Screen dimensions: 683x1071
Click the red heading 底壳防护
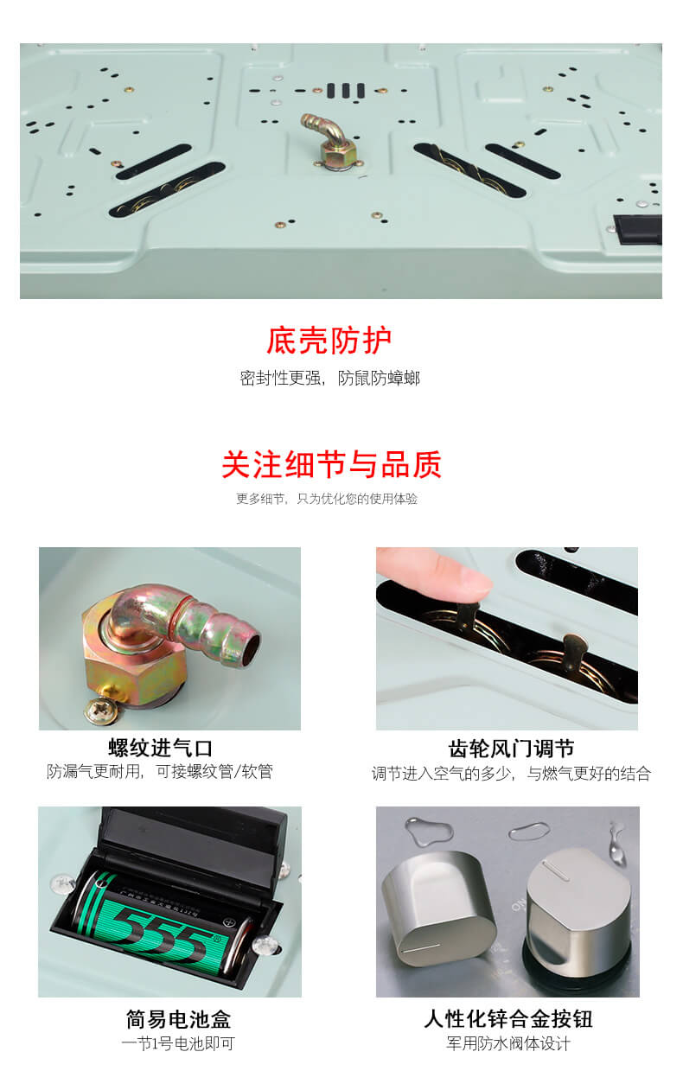[329, 341]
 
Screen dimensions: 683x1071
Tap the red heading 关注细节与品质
[331, 464]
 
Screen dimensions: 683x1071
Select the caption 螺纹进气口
[160, 749]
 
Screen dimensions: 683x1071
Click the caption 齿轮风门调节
[511, 749]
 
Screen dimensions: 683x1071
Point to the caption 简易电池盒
[178, 1019]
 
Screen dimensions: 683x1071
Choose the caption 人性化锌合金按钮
[508, 1019]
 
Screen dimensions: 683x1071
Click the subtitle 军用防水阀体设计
[508, 1043]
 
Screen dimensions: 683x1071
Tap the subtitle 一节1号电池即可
[178, 1043]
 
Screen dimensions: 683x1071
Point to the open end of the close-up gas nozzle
[250, 649]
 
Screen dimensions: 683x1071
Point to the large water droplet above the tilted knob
[428, 831]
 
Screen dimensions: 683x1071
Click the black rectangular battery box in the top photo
[637, 230]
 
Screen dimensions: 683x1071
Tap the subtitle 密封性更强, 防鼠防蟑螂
[330, 379]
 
